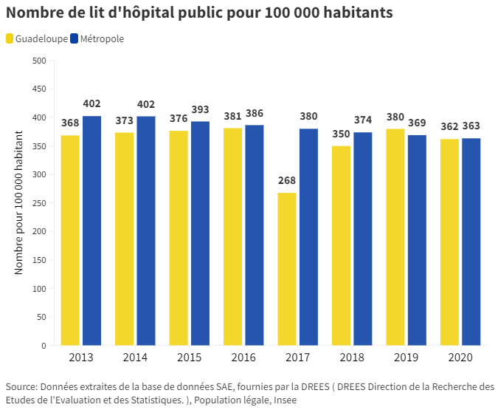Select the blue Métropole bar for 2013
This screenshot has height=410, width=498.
pos(91,230)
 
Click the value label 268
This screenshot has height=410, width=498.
pos(287,180)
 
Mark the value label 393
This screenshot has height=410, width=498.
pos(200,109)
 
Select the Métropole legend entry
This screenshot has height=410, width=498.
pos(97,38)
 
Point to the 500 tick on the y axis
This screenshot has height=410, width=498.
pos(39,61)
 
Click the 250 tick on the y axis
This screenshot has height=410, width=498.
pos(39,203)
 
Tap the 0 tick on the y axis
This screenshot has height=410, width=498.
pos(44,346)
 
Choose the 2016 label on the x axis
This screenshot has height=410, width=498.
pos(243,358)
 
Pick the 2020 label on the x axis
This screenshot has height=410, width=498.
pos(461,358)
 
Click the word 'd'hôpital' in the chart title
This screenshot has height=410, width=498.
pos(145,13)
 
